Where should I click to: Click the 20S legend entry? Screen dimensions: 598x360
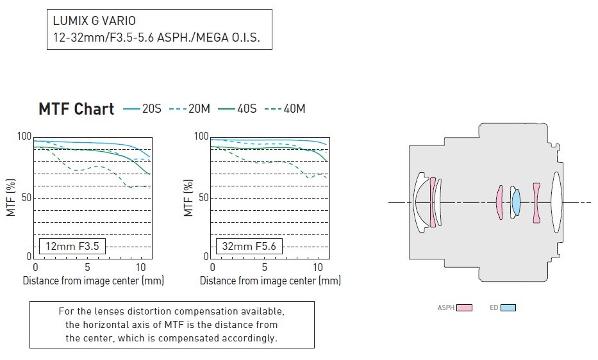tap(142, 109)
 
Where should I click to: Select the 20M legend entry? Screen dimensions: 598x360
tap(190, 109)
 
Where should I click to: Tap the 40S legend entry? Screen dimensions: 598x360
tap(237, 109)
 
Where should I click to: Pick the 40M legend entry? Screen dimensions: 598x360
tap(285, 109)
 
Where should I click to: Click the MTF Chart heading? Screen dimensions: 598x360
tap(76, 109)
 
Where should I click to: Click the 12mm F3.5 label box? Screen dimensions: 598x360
tap(72, 246)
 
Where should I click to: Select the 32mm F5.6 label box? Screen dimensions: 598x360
tap(249, 246)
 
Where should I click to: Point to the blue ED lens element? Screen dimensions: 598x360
tap(515, 202)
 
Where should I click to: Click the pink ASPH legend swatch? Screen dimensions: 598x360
tap(464, 307)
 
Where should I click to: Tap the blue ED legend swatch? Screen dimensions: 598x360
tap(508, 307)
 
